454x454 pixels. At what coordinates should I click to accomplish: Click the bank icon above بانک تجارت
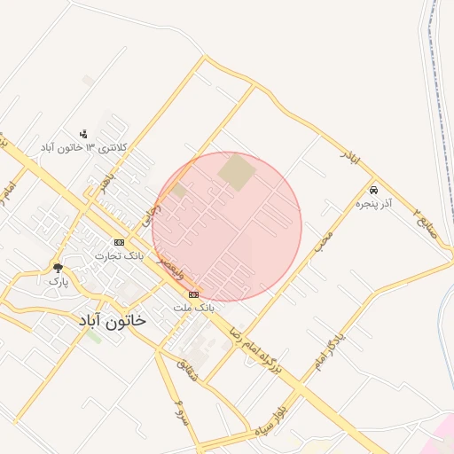coord(119,242)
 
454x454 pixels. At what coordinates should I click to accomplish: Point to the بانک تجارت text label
coord(120,255)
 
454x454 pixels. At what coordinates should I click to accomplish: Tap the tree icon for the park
coord(58,268)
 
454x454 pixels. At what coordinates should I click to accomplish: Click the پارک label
coord(58,281)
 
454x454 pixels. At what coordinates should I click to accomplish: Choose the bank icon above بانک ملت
coord(193,294)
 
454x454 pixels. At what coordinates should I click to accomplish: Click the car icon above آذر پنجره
coord(373,191)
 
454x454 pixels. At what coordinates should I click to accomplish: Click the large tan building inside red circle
coord(237,172)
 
